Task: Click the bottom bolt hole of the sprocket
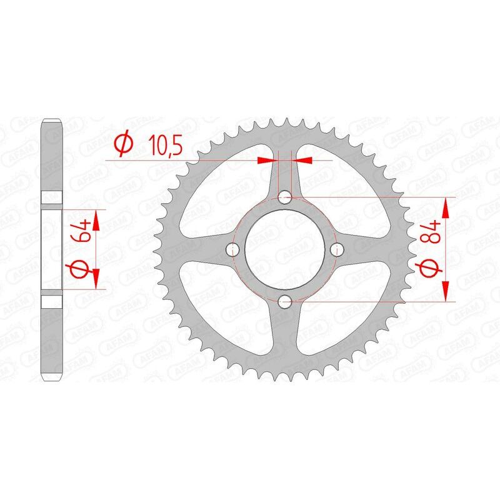click(286, 302)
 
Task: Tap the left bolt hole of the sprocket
click(234, 250)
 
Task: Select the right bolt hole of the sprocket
click(337, 250)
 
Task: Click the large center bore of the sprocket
click(286, 250)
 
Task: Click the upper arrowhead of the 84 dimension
click(446, 206)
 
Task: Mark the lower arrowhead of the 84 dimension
click(446, 292)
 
